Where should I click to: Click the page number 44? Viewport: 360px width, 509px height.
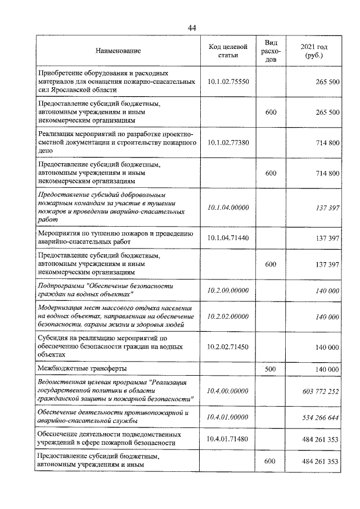click(191, 29)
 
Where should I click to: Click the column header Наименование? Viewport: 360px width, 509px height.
click(118, 51)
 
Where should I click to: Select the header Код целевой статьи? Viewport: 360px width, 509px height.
click(227, 51)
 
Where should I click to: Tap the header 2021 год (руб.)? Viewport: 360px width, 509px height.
click(314, 51)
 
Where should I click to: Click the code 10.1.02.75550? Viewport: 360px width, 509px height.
click(228, 82)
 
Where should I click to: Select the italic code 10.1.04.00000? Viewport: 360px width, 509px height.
click(228, 208)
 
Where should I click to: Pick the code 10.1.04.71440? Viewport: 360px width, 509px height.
click(228, 238)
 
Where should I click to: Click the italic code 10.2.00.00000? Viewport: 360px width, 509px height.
click(228, 290)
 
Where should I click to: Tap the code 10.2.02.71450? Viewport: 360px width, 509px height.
click(228, 347)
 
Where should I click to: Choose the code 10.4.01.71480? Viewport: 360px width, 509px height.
click(228, 439)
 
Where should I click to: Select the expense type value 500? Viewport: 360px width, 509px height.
click(271, 369)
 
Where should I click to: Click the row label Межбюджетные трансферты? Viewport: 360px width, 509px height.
click(82, 369)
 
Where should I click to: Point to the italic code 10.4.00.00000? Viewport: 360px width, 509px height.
click(228, 390)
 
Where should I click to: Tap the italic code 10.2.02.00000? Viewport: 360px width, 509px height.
click(228, 317)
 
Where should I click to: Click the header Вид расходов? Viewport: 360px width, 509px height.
click(271, 51)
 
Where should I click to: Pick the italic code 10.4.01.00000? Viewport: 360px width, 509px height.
click(228, 417)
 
